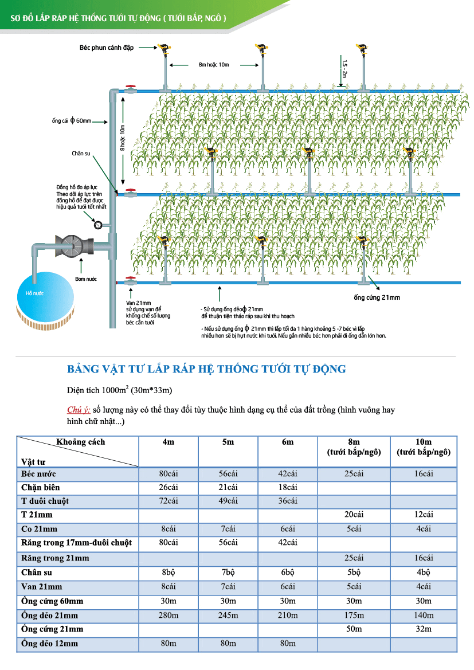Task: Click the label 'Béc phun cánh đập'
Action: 106,48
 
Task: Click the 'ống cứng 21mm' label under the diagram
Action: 377,297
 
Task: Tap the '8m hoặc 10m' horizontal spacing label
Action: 214,65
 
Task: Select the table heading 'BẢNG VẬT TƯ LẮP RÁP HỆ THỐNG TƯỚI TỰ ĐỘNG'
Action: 206,369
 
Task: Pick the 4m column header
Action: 169,442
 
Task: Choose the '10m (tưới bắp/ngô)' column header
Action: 424,447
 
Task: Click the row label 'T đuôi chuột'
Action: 45,501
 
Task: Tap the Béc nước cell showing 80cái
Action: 169,474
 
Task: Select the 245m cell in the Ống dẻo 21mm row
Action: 228,616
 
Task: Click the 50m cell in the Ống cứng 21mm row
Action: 354,629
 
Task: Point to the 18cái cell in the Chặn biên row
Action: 287,488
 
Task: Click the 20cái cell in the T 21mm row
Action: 354,515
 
